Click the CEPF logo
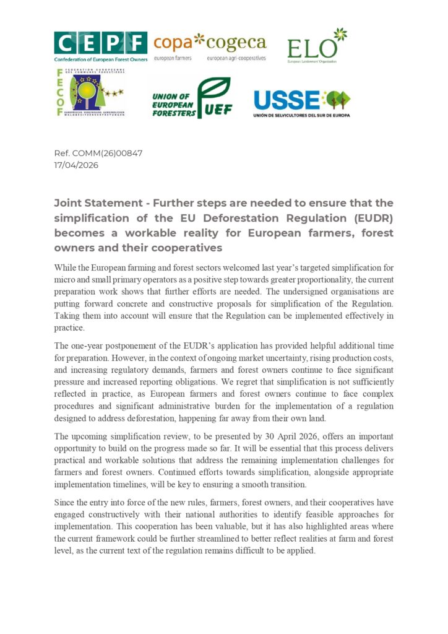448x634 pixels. [100, 47]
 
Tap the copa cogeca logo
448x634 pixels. [210, 47]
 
